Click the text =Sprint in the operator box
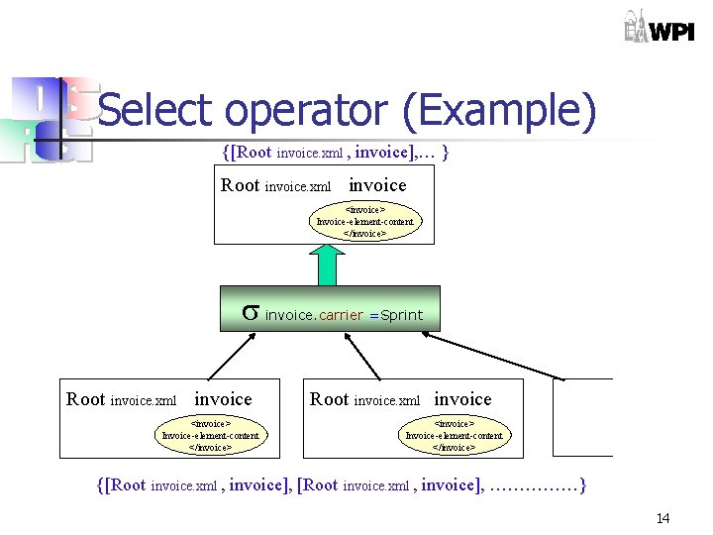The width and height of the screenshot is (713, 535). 395,315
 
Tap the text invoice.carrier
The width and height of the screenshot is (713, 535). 314,315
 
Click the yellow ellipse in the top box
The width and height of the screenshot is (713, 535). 365,222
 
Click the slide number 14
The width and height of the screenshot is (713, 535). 662,518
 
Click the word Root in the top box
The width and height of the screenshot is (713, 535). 241,185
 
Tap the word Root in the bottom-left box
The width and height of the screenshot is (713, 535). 86,399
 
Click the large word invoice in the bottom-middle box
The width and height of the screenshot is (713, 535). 462,398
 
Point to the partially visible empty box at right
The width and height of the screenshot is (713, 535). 583,417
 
